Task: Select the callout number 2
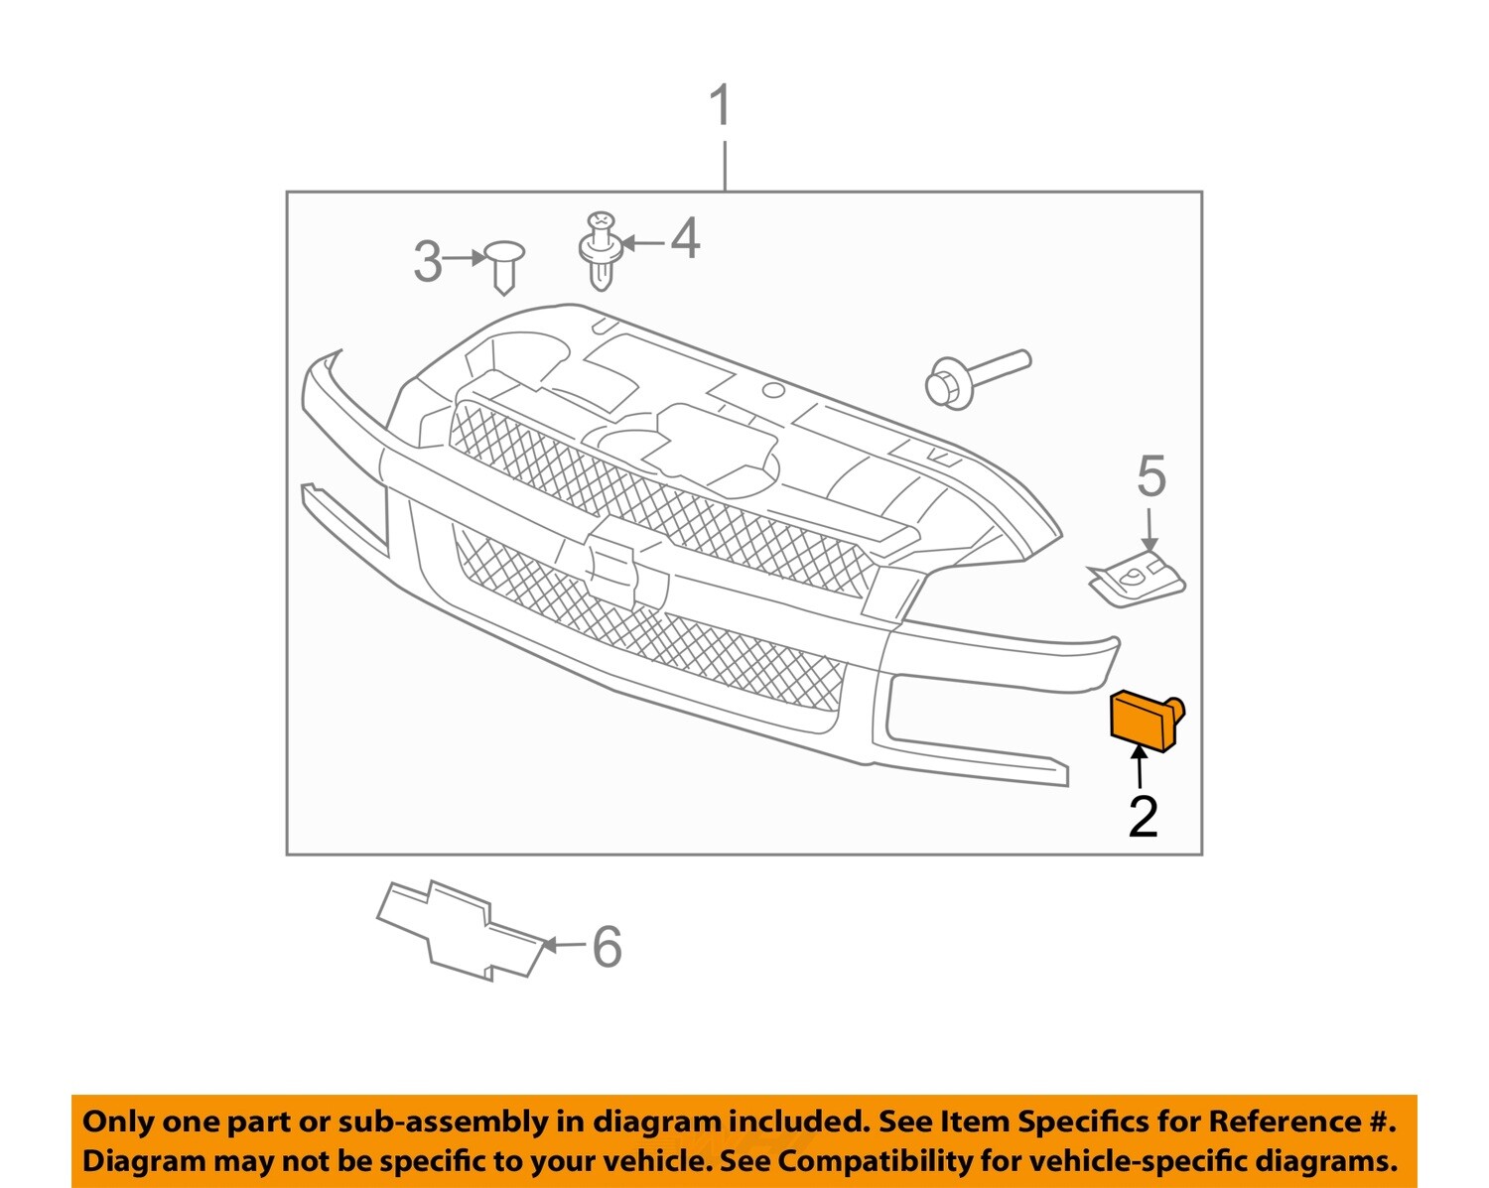click(x=1143, y=816)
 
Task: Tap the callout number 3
click(x=427, y=262)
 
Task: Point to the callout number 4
click(x=685, y=239)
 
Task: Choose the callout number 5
click(x=1151, y=477)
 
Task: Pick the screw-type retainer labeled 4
click(x=600, y=250)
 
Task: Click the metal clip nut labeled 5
click(x=1138, y=580)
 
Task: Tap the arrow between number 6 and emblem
click(x=563, y=945)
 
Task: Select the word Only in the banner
click(x=118, y=1122)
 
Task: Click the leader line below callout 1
click(x=726, y=166)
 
